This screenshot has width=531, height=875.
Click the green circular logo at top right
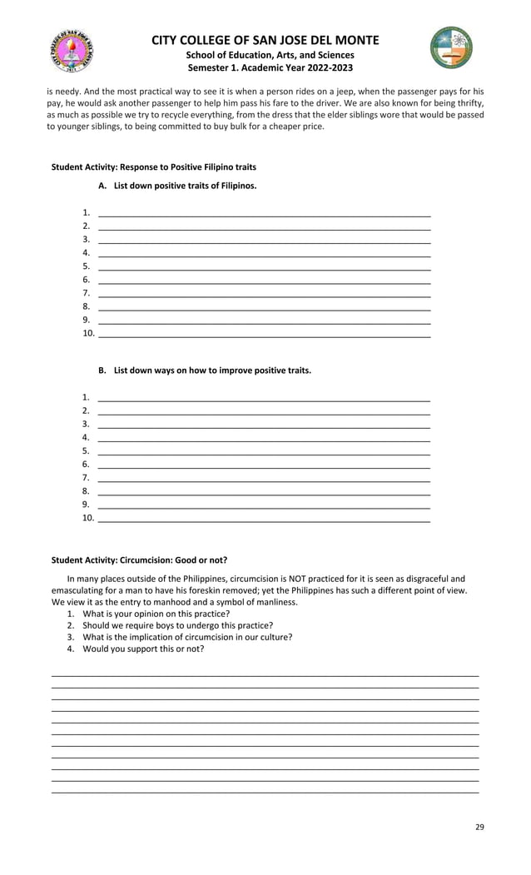pyautogui.click(x=451, y=47)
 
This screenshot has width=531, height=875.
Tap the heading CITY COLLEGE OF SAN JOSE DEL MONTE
pyautogui.click(x=265, y=40)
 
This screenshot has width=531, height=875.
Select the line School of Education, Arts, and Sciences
pyautogui.click(x=265, y=55)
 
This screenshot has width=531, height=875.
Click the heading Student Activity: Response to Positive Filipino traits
pyautogui.click(x=154, y=167)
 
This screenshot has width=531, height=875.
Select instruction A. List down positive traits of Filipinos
pyautogui.click(x=176, y=186)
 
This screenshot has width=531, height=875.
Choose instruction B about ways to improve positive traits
pyautogui.click(x=204, y=370)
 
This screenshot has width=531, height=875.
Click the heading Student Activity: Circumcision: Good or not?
pyautogui.click(x=139, y=559)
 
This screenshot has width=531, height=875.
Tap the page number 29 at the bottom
pyautogui.click(x=479, y=827)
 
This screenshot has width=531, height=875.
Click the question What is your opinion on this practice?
pyautogui.click(x=156, y=614)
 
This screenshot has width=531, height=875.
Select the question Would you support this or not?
pyautogui.click(x=143, y=649)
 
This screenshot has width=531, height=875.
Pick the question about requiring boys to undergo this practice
pyautogui.click(x=177, y=625)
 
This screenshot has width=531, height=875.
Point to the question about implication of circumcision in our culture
pyautogui.click(x=187, y=637)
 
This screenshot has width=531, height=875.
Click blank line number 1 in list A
pyautogui.click(x=264, y=214)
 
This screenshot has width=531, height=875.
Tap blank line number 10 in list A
pyautogui.click(x=264, y=335)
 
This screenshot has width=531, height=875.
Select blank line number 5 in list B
pyautogui.click(x=264, y=452)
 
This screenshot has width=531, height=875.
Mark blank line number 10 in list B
pyautogui.click(x=264, y=520)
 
